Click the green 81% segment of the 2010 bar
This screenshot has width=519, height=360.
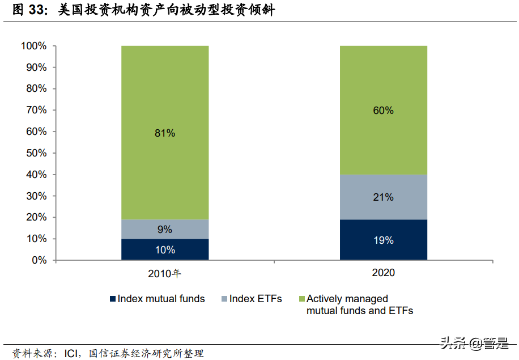165,133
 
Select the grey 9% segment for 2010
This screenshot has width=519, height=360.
165,230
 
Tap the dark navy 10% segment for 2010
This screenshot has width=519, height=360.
165,250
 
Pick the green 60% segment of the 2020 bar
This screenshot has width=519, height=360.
383,110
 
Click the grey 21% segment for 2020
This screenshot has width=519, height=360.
383,197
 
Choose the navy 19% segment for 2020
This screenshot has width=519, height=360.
383,240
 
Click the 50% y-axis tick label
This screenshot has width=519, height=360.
36,153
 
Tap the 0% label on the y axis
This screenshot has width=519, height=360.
39,261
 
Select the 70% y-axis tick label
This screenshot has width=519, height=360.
36,110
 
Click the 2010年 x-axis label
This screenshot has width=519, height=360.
164,273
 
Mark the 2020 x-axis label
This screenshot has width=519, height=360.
383,273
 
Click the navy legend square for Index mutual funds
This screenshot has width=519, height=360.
113,299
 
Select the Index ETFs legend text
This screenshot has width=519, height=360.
256,299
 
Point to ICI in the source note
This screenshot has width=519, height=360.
71,353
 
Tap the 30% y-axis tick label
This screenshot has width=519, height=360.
36,196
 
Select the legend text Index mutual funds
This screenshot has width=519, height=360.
161,299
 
